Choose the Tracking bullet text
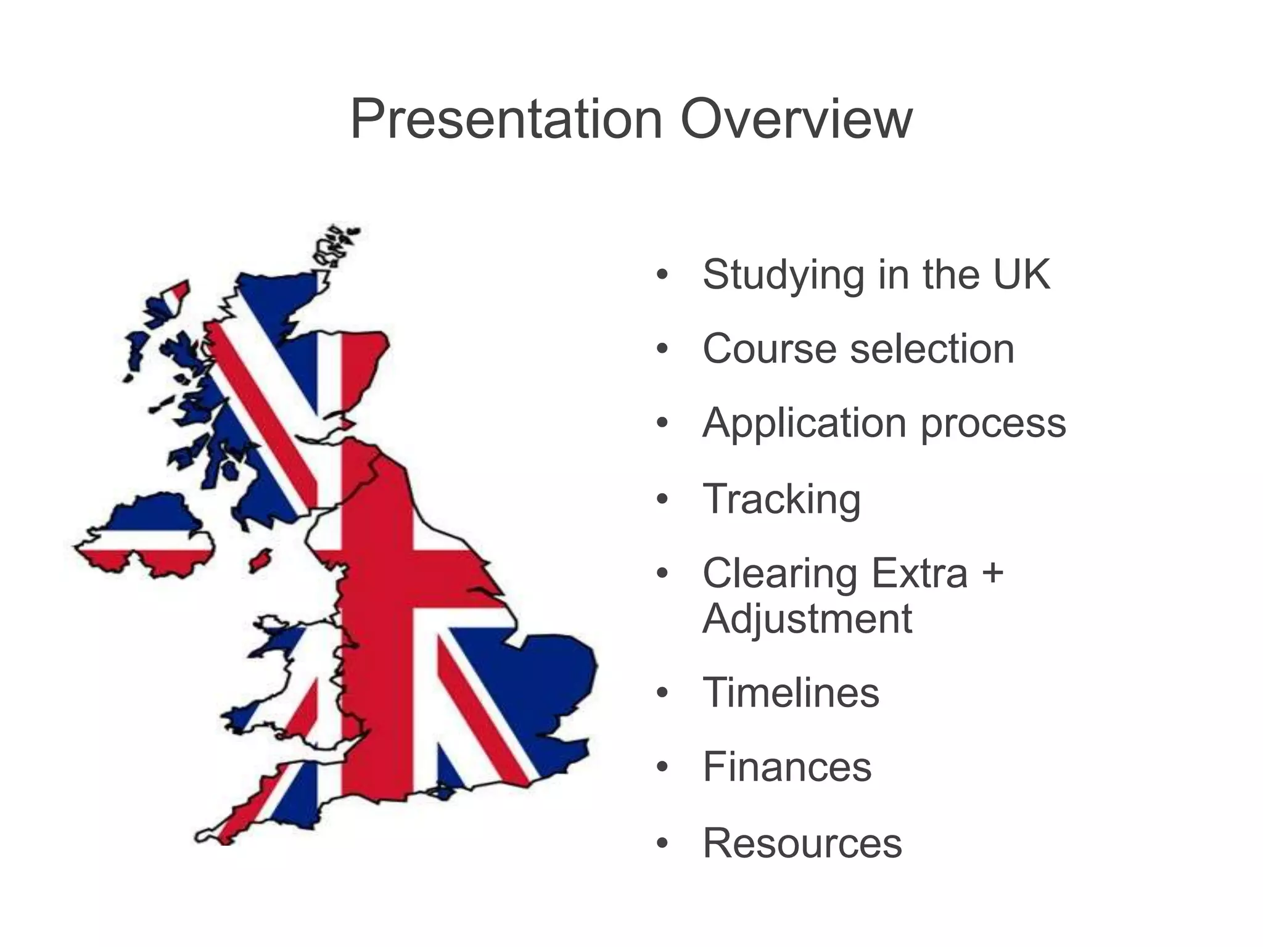tap(781, 500)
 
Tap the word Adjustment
tap(807, 619)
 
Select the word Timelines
tap(791, 693)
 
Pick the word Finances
tap(787, 768)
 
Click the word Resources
tap(802, 843)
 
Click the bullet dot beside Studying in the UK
tap(662, 276)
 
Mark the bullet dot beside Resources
tap(662, 844)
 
